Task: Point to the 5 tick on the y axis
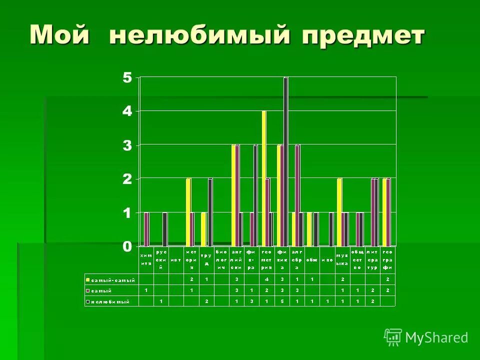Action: coord(127,77)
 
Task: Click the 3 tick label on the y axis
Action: coord(127,145)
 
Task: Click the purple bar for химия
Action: coord(146,229)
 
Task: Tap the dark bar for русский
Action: coord(165,229)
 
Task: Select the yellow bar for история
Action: coord(188,212)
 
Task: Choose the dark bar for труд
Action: coord(210,212)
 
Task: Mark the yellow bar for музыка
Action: coord(339,212)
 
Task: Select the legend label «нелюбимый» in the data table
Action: coord(109,301)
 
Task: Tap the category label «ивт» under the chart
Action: coord(176,259)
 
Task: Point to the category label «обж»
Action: coord(312,259)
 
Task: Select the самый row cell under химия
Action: coord(146,290)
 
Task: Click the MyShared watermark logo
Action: coord(426,337)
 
